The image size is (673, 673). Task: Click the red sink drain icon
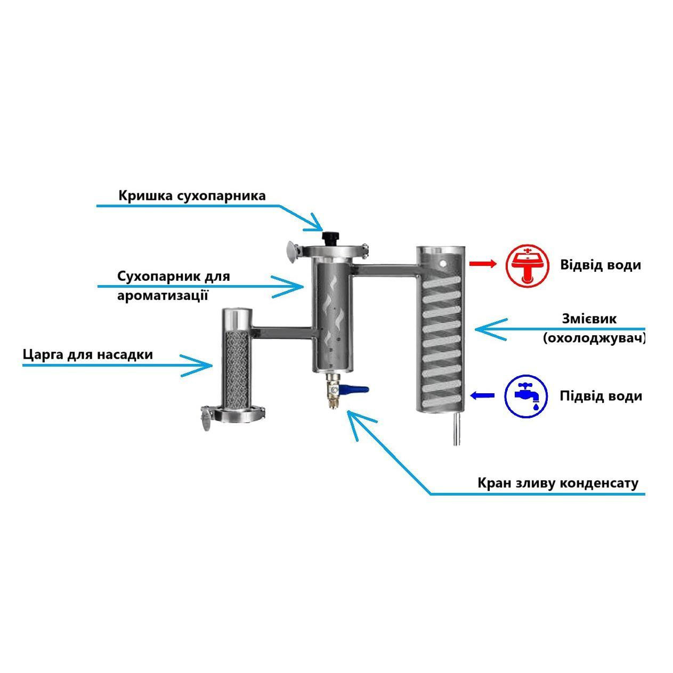(527, 265)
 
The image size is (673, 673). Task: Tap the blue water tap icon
(526, 396)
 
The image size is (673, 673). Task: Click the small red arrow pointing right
(482, 263)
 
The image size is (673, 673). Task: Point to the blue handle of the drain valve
(356, 390)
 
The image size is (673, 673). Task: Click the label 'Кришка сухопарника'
(192, 196)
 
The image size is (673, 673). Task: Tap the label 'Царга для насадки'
(88, 354)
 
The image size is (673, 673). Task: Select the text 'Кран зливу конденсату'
(558, 483)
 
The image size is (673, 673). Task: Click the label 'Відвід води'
(600, 265)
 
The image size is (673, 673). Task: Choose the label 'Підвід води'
(601, 396)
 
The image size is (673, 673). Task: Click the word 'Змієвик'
(589, 319)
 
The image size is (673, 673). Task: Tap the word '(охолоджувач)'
(594, 338)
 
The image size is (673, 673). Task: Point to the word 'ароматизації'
(163, 295)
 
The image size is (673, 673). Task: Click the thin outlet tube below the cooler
(456, 430)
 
